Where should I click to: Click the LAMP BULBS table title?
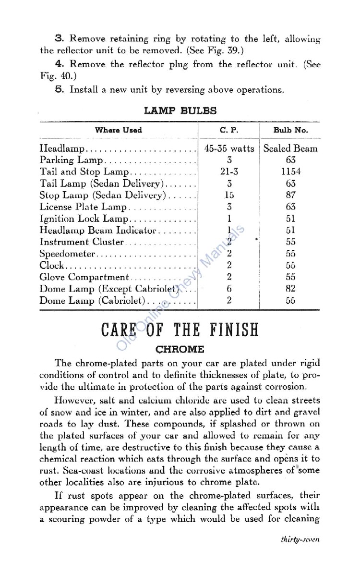[x=180, y=111]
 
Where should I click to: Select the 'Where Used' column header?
[x=118, y=130]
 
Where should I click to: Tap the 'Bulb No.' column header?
[x=290, y=130]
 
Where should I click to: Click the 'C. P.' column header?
[x=229, y=130]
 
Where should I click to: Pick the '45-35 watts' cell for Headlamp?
[x=229, y=148]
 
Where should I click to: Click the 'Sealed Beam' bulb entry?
[x=290, y=148]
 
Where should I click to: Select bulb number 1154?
[x=290, y=171]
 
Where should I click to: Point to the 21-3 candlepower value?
[x=229, y=171]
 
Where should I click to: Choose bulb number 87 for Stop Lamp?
[x=290, y=195]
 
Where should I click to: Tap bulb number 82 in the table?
[x=290, y=289]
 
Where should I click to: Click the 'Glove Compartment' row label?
[x=84, y=277]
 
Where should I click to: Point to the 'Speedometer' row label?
[x=68, y=254]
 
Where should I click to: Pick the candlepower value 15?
[x=229, y=195]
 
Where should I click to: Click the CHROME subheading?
[x=180, y=349]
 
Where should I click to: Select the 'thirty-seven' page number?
[x=300, y=539]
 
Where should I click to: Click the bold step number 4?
[x=58, y=63]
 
